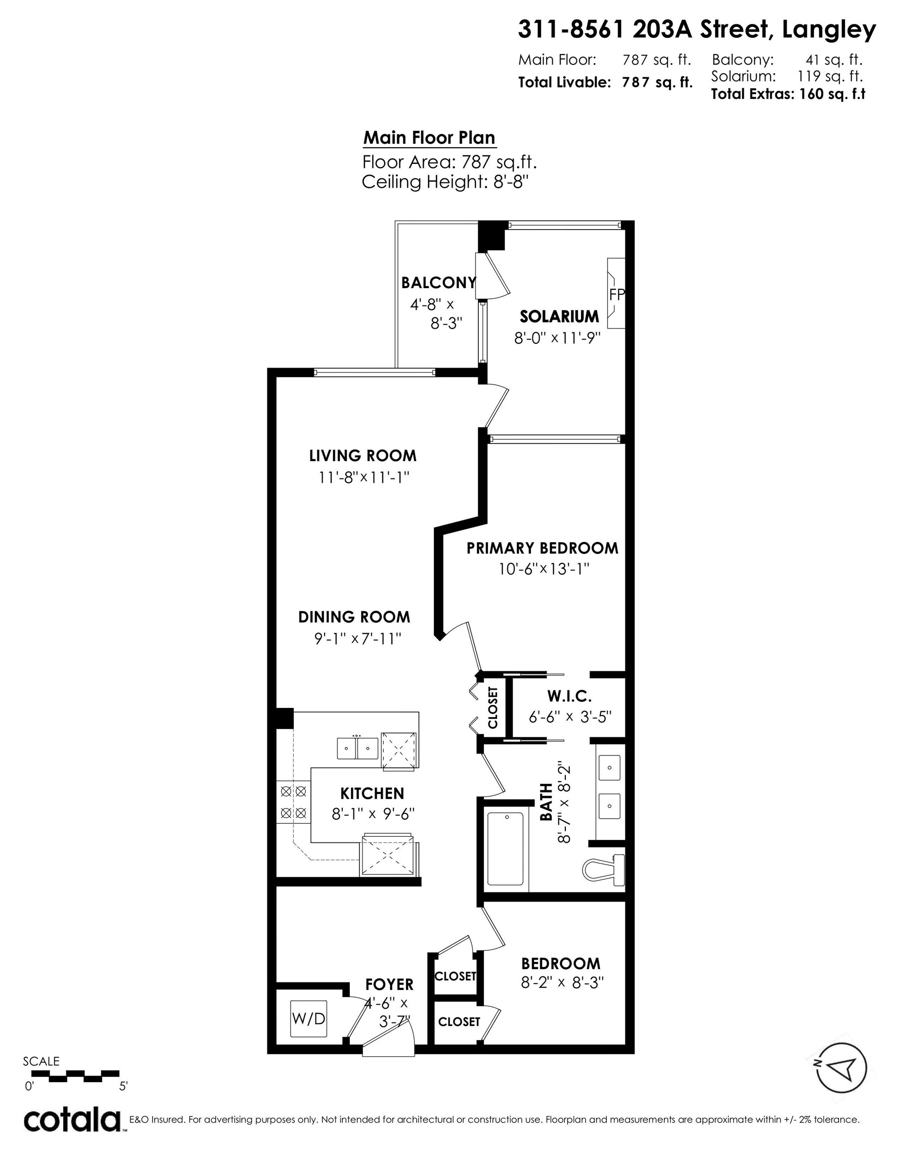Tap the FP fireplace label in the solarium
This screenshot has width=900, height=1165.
pos(616,294)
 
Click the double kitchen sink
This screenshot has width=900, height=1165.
pos(357,748)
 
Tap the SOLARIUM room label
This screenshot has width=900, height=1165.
pos(559,317)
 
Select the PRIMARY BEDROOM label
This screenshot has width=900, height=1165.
pos(542,548)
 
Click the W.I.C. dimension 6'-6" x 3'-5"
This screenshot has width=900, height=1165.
pos(569,717)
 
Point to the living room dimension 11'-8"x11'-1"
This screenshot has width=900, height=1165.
pos(364,477)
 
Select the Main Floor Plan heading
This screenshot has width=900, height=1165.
pos(429,138)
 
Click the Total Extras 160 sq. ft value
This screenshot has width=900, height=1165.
pos(831,95)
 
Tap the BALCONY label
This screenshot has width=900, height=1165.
pos(438,283)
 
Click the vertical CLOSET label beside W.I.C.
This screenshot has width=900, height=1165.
pos(492,708)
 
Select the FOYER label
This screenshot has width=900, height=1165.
pos(389,984)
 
